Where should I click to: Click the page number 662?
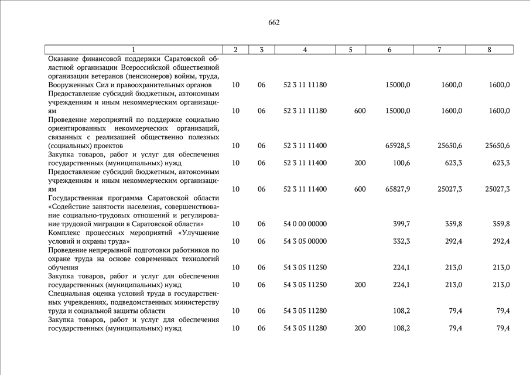pos(274,23)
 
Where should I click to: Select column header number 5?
pos(350,50)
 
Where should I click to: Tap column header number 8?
pos(489,50)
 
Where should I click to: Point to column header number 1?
pos(134,50)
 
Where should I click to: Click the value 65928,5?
pos(398,146)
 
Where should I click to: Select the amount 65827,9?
pos(398,189)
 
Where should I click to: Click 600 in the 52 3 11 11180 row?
pos(360,111)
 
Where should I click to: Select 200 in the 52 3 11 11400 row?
pos(360,163)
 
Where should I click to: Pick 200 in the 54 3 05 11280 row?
pos(360,329)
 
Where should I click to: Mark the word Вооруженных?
pos(71,85)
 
